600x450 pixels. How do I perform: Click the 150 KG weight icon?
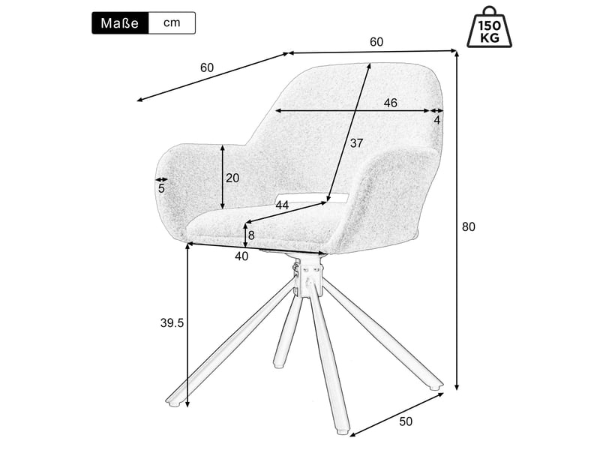point(489,27)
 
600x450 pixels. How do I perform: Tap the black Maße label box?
point(120,23)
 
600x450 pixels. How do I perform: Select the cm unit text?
point(172,22)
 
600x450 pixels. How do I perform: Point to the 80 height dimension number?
point(468,227)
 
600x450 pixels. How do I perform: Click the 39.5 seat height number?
point(172,323)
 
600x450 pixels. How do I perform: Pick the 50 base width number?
point(406,421)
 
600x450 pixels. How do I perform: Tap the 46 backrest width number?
point(390,103)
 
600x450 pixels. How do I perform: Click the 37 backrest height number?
point(356,143)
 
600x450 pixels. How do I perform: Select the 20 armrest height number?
point(232,178)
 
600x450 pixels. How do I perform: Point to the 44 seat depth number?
point(282,205)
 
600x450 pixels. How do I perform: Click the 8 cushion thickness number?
point(251,235)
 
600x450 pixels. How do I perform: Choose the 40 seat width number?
point(241,256)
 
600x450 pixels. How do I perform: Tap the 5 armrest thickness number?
point(161,188)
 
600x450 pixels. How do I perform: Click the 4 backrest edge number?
point(437,120)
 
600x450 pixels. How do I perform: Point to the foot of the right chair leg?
point(436,385)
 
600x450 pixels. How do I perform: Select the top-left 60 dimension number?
point(207,67)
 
